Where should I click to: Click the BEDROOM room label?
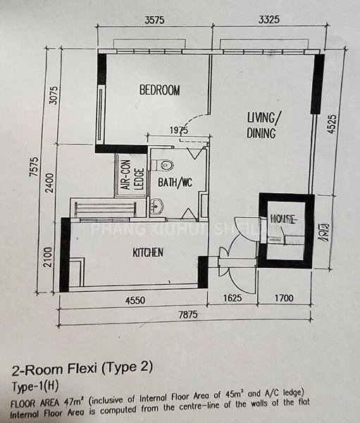point(159,90)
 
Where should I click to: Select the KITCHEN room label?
point(148,252)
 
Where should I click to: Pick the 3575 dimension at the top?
point(154,20)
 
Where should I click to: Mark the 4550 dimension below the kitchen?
point(135,301)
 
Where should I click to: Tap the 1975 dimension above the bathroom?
point(179,131)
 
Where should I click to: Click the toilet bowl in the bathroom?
point(165,166)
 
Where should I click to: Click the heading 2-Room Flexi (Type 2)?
point(82,368)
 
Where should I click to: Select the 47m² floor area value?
point(72,402)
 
